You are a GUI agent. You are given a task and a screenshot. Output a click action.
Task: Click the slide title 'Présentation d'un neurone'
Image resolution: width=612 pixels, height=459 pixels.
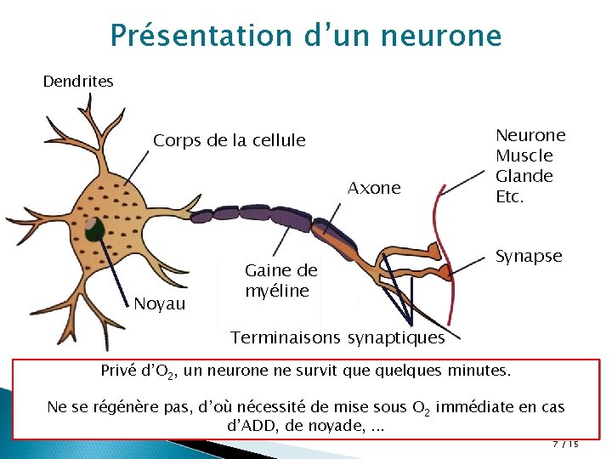click(x=306, y=36)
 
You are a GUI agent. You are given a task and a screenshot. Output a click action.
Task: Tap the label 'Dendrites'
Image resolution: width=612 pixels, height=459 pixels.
click(x=78, y=82)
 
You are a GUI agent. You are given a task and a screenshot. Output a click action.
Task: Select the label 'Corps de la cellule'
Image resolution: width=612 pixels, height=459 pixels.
click(x=229, y=141)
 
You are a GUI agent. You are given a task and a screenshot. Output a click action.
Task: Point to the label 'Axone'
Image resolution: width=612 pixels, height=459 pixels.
click(x=374, y=189)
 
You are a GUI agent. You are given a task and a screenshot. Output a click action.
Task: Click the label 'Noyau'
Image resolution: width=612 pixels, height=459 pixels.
click(x=159, y=303)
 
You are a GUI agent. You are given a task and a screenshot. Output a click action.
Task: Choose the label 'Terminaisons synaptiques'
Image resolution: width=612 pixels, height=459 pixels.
click(x=338, y=338)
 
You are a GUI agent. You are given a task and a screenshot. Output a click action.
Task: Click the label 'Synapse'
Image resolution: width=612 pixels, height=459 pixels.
click(x=529, y=257)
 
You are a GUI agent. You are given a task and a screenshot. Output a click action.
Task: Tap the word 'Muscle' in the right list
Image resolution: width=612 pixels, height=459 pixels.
click(x=524, y=156)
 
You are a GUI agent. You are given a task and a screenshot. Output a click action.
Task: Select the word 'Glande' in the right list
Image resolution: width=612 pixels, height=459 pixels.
click(x=524, y=176)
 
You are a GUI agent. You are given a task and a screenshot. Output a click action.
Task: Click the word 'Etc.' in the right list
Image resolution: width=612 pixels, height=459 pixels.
click(x=512, y=196)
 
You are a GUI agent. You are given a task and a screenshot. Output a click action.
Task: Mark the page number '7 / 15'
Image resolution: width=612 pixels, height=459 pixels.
click(x=565, y=445)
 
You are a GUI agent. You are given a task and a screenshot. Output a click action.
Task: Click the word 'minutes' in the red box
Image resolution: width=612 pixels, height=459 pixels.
click(x=503, y=371)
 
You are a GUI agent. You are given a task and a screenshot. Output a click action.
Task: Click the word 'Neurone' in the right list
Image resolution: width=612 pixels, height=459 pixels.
click(x=530, y=135)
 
